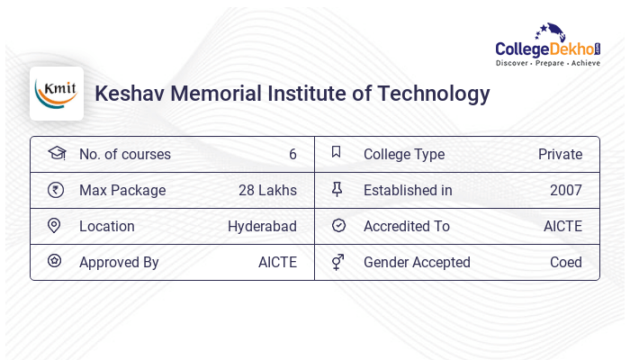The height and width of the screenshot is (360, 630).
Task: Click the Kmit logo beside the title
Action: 57,94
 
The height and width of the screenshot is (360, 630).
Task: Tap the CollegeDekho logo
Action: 547,45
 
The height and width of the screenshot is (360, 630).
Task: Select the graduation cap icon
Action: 56,153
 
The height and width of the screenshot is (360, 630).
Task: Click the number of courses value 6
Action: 292,154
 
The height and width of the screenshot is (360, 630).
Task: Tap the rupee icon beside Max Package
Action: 55,190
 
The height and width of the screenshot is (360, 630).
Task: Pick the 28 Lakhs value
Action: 267,190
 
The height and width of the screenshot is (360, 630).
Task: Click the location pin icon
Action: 54,226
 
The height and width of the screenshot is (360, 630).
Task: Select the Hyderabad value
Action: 262,226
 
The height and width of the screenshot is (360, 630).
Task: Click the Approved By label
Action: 119,262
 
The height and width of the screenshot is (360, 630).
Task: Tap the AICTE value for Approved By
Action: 277,262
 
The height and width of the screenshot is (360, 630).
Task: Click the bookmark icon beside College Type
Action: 337,153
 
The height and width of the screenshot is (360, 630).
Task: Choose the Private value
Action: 560,154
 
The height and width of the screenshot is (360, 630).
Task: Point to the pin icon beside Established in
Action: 337,189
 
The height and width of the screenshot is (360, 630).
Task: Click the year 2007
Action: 566,190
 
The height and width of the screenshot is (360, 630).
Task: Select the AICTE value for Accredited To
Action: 562,226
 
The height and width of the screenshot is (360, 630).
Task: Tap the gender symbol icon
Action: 337,262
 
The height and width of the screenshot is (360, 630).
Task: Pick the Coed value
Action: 566,262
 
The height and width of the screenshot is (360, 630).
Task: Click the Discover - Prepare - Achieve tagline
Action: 547,64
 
